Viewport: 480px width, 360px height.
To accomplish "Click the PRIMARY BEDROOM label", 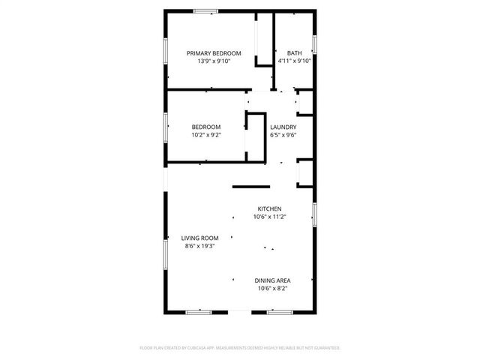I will click(x=214, y=52).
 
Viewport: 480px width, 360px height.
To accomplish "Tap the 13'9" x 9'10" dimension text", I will click(x=214, y=61).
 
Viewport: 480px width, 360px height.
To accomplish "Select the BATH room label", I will click(x=294, y=52).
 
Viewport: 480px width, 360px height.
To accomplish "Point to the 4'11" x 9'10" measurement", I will click(x=294, y=61).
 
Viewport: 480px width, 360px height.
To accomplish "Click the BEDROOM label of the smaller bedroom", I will click(x=205, y=127).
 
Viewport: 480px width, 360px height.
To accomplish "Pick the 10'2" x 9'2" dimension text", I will click(x=205, y=136).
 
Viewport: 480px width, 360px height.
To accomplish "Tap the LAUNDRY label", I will click(x=283, y=127).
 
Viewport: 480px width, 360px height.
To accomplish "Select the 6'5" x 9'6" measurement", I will click(x=283, y=136).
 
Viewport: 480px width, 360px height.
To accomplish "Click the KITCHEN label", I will click(x=270, y=208).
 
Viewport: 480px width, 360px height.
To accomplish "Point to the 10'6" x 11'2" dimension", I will click(x=270, y=217).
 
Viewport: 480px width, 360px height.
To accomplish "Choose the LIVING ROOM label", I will click(x=199, y=238).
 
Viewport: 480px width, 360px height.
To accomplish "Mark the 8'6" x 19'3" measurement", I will click(x=199, y=246).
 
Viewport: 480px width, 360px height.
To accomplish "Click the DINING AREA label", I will click(x=273, y=280).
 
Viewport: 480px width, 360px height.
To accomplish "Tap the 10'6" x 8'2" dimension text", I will click(x=273, y=289).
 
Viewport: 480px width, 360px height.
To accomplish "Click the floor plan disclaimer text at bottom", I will click(x=240, y=348).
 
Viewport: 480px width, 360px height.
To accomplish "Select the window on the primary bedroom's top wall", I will click(x=205, y=10).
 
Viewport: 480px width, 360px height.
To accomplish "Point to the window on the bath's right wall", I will click(x=315, y=43).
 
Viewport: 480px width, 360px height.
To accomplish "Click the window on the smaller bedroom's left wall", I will click(x=166, y=126).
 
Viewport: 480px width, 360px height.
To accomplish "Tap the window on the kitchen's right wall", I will click(x=315, y=214).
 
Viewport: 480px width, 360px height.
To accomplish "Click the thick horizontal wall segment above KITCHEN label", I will click(x=250, y=186).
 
